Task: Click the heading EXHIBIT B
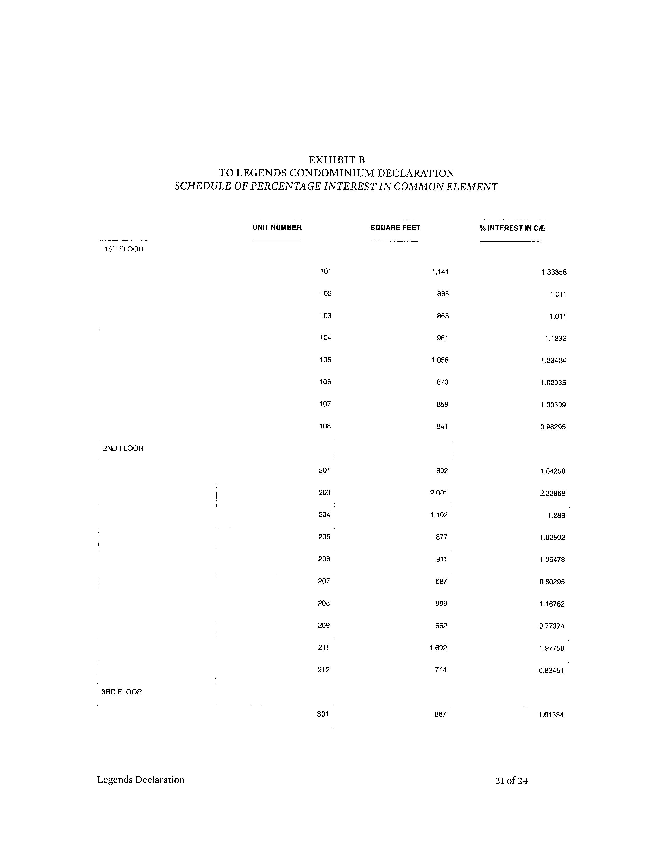point(336,160)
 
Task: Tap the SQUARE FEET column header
point(395,228)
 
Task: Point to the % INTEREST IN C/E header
point(512,228)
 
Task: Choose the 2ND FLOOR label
point(123,449)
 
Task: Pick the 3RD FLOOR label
point(122,692)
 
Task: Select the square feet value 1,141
point(440,272)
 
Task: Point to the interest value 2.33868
point(552,493)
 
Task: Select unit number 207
point(324,581)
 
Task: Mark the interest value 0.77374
point(552,626)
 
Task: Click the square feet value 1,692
point(438,648)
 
